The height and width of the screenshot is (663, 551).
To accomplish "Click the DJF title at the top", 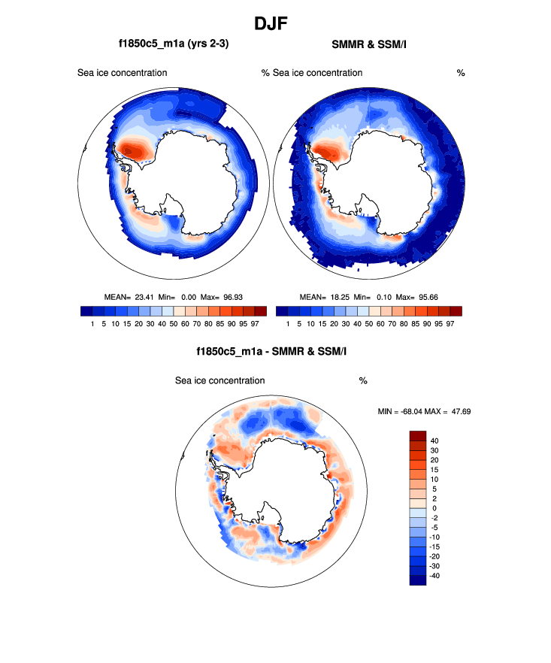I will click(x=275, y=23).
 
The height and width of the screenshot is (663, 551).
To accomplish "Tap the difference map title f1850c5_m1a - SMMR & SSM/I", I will click(x=274, y=351).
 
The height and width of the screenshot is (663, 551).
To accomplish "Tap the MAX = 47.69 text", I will click(x=451, y=411).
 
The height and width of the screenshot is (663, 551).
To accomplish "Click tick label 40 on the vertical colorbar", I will click(x=434, y=440).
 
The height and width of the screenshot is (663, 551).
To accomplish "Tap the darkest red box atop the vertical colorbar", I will click(x=417, y=435).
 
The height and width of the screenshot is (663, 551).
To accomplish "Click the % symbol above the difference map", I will click(x=363, y=381).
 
